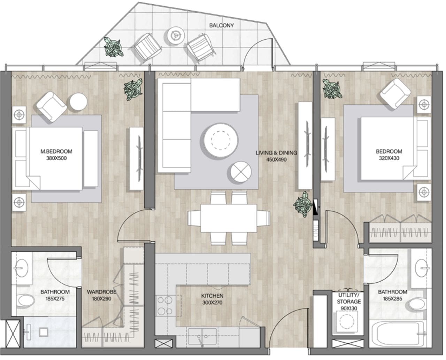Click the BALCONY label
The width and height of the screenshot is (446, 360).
point(221,25)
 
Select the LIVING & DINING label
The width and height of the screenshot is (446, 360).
point(276,153)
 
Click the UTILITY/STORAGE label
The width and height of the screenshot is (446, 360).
point(349,298)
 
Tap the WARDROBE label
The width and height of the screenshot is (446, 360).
point(101,292)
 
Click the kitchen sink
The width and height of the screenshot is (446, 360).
point(202,337)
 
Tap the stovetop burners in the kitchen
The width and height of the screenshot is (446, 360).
point(166,306)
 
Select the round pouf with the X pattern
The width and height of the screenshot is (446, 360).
point(241,172)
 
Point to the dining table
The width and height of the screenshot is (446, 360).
point(229,218)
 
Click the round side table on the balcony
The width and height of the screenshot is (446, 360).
point(176,36)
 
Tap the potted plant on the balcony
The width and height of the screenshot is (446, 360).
point(113,47)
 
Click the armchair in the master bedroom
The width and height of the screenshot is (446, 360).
point(52,107)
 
